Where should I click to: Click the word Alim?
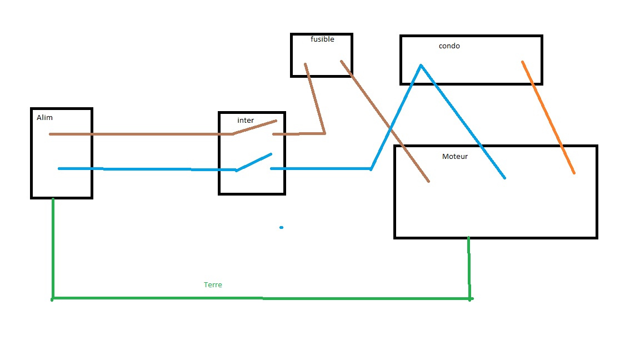click(44, 118)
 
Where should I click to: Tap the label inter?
click(246, 121)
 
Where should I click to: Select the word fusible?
click(322, 39)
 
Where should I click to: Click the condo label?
click(449, 46)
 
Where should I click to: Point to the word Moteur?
click(455, 157)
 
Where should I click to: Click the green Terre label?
click(213, 284)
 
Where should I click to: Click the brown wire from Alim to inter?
click(139, 134)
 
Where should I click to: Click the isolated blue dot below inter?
click(282, 227)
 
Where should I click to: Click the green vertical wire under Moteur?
click(469, 267)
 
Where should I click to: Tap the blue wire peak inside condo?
click(421, 66)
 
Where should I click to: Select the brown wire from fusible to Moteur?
click(383, 119)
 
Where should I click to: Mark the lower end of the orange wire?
click(573, 173)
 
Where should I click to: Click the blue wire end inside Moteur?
click(504, 178)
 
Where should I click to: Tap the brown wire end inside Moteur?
click(428, 181)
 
